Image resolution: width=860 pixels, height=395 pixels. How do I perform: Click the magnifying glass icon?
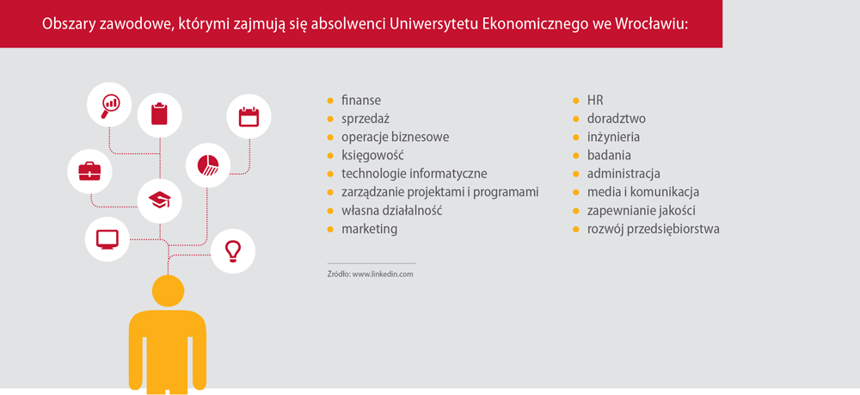click(110, 106)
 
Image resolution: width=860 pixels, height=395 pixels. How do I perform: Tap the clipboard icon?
click(160, 114)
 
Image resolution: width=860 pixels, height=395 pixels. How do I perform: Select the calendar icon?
click(249, 116)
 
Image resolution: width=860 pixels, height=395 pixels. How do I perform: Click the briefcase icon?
click(89, 171)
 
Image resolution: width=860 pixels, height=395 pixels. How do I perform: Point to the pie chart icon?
click(208, 164)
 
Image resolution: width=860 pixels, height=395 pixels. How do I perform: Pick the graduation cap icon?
click(160, 200)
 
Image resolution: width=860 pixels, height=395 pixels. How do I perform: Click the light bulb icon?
click(233, 250)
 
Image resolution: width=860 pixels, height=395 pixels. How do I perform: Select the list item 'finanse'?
click(361, 101)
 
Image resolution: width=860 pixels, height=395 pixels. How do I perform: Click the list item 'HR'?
click(595, 101)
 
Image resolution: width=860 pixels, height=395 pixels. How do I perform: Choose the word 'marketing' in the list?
click(369, 229)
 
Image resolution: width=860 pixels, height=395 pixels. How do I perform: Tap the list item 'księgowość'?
click(373, 156)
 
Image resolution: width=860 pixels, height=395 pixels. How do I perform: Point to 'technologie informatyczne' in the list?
click(415, 174)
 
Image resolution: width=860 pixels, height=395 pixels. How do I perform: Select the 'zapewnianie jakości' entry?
click(642, 211)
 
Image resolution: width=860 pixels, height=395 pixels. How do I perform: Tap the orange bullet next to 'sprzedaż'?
click(330, 119)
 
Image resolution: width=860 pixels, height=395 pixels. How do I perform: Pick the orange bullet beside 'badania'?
click(576, 156)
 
